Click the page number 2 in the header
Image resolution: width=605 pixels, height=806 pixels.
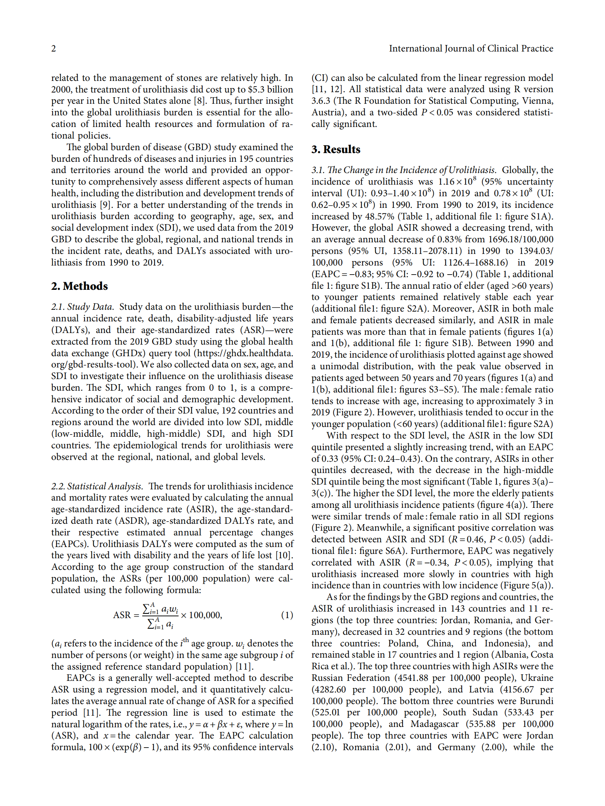pos(54,49)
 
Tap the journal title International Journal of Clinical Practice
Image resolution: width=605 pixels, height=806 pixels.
pos(470,49)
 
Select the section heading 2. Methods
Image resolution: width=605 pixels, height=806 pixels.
pos(79,286)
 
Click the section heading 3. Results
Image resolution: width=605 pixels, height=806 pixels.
pos(335,149)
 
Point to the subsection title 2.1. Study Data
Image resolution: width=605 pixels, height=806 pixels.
pos(82,307)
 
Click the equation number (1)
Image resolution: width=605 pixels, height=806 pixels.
pos(287,615)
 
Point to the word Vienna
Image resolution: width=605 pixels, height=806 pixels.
pos(537,101)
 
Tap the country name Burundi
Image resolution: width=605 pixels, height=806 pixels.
pos(536,701)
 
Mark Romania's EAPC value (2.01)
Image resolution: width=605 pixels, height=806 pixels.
pos(398,747)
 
